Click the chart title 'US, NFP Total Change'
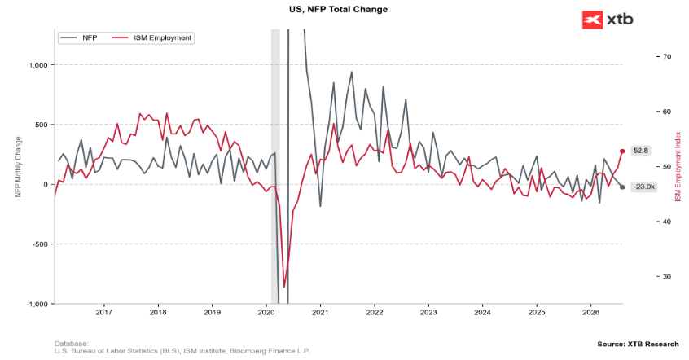[x=338, y=9]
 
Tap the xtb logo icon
[x=592, y=20]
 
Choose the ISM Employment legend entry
[x=152, y=37]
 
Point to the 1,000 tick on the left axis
[x=38, y=65]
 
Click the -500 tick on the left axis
[x=40, y=244]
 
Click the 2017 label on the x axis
[x=103, y=312]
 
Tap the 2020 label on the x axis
[x=266, y=312]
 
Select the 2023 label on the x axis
[x=428, y=312]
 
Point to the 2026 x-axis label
[x=590, y=312]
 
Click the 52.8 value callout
[x=641, y=151]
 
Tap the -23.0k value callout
[x=643, y=187]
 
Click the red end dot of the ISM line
[x=622, y=151]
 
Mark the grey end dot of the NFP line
[x=622, y=187]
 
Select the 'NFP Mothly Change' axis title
[x=18, y=167]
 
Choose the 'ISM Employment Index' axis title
[x=678, y=167]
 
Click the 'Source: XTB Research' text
[x=638, y=344]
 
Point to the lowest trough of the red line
[x=284, y=287]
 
